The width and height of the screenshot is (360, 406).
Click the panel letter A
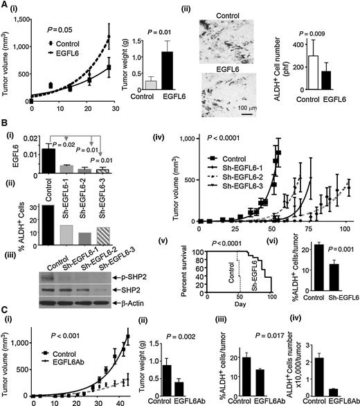[6, 6]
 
